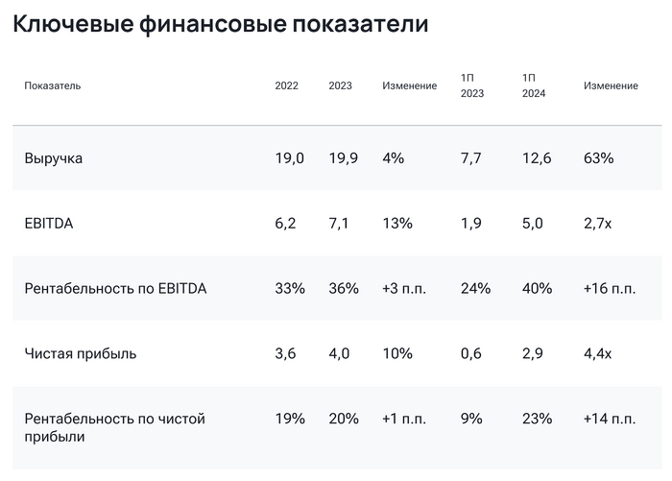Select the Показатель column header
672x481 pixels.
click(x=53, y=85)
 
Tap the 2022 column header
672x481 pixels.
click(x=287, y=85)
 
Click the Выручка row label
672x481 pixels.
click(x=54, y=158)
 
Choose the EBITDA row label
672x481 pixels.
click(x=49, y=224)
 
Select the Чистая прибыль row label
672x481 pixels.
click(x=81, y=353)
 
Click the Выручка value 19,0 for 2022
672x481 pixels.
click(x=289, y=158)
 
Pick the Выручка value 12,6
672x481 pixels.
click(x=536, y=158)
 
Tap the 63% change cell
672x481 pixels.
click(x=598, y=158)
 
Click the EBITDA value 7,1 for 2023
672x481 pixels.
click(x=343, y=224)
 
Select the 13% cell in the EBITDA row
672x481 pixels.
click(x=397, y=224)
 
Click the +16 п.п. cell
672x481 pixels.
click(x=610, y=288)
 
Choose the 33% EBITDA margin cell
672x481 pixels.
click(x=290, y=288)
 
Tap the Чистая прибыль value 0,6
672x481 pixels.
click(x=471, y=353)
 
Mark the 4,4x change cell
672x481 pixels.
click(x=598, y=353)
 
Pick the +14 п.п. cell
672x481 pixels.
click(x=610, y=419)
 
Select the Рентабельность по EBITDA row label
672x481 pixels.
click(x=115, y=288)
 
